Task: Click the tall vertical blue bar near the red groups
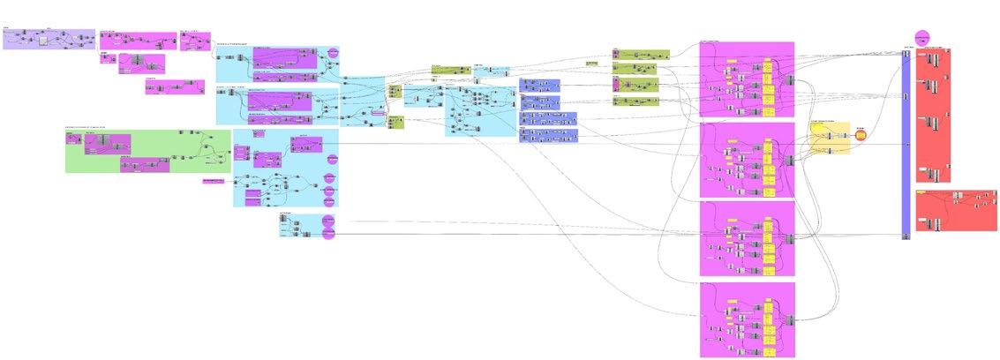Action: [906, 146]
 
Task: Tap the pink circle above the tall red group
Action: [922, 37]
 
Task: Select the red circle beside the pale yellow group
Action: [861, 135]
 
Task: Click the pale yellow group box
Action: [830, 140]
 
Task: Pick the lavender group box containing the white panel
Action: [49, 39]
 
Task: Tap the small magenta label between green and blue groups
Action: [213, 181]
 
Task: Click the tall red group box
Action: [933, 115]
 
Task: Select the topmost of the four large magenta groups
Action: [747, 79]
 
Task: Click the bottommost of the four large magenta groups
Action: [747, 319]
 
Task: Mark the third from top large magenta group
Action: [747, 238]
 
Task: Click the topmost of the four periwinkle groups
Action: [539, 85]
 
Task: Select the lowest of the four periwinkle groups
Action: [548, 135]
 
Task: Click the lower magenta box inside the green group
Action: [145, 164]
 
